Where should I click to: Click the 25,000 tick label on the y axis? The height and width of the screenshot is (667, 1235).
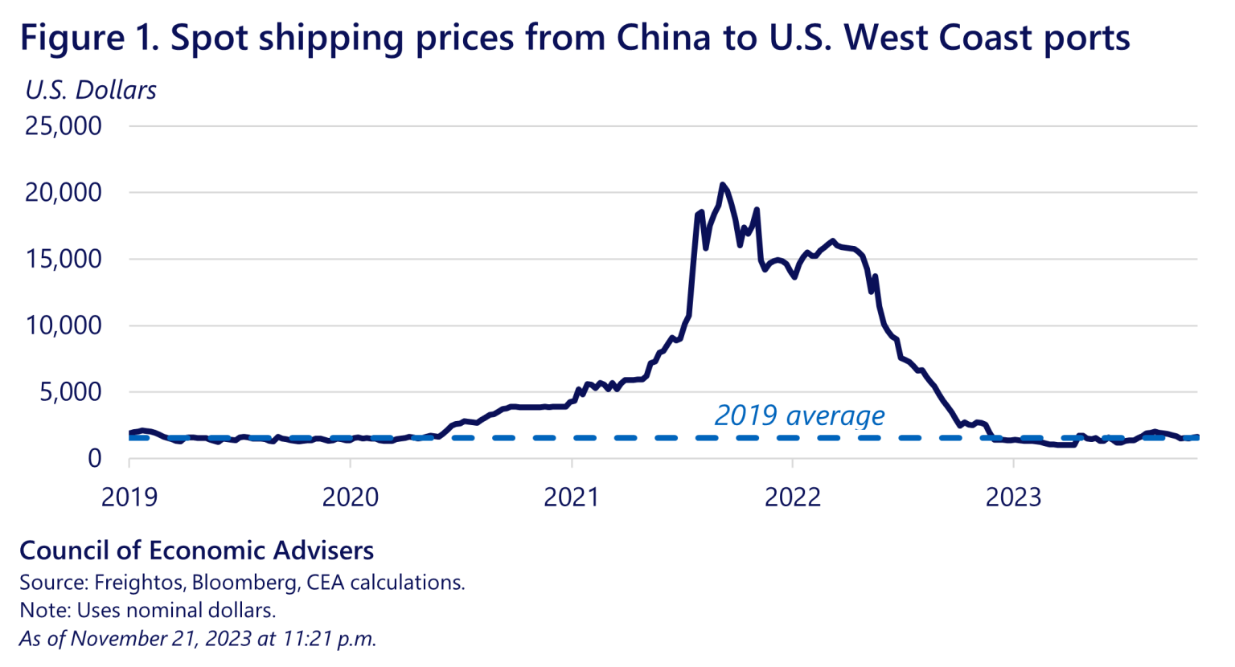coord(64,126)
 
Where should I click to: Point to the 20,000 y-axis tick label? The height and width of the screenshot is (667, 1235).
coord(64,193)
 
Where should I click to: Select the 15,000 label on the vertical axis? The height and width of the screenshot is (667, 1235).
coord(64,260)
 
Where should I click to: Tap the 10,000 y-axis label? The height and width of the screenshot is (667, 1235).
coord(64,326)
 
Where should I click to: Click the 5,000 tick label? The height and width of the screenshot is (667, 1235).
coord(71,392)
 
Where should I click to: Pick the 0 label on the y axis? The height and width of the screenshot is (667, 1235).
coord(95,459)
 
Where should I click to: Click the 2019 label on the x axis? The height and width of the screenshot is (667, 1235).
coord(129,497)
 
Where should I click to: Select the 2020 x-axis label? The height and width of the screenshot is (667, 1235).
coord(351,497)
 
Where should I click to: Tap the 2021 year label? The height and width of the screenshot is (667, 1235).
coord(572,497)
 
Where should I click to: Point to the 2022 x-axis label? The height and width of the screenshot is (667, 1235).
coord(793,497)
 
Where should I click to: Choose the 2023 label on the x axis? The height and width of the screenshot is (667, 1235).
coord(1014,497)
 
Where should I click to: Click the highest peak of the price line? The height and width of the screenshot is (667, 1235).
coord(722,185)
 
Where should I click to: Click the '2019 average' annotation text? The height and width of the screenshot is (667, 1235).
coord(799,415)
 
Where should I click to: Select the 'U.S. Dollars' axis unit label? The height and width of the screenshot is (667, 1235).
coord(91,90)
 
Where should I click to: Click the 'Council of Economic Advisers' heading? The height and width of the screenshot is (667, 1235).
coord(196,550)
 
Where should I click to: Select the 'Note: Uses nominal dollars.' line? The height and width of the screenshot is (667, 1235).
coord(147,611)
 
